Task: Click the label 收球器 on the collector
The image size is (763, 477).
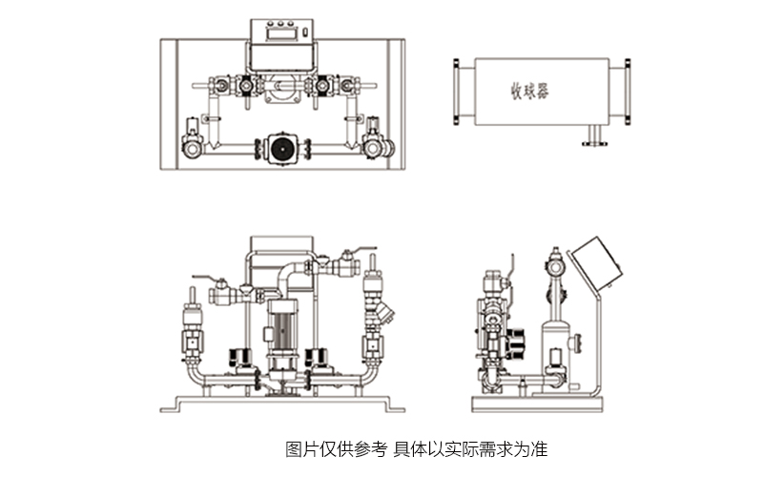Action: coord(530,92)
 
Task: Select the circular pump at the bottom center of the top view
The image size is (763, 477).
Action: coord(281,148)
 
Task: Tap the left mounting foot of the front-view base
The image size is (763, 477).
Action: coord(176,405)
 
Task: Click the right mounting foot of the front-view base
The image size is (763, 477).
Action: coord(391,405)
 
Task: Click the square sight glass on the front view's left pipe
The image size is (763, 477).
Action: coord(194,340)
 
